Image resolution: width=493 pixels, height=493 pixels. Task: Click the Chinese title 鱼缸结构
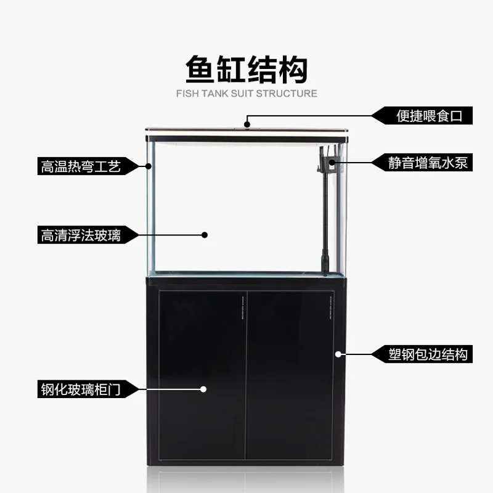pos(246,69)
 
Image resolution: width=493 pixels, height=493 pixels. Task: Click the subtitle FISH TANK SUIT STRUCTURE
pos(246,94)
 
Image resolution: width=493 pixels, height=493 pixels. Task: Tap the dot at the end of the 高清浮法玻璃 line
pos(205,235)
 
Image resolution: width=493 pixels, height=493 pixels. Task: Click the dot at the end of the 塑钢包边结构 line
pos(338,354)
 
